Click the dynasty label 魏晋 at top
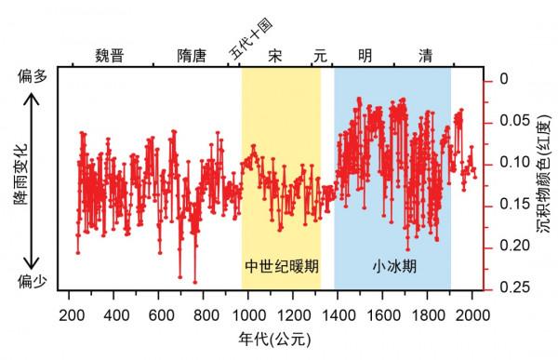click(x=110, y=55)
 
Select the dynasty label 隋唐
click(x=193, y=55)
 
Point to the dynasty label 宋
click(x=275, y=55)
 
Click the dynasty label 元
click(x=321, y=55)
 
